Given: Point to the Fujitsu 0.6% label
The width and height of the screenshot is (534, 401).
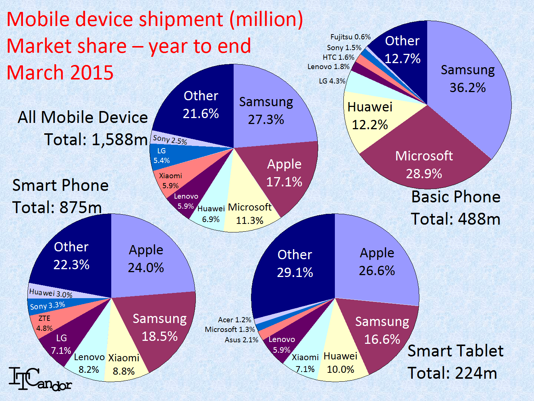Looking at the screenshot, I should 350,37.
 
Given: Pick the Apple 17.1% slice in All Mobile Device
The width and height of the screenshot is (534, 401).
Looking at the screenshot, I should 284,173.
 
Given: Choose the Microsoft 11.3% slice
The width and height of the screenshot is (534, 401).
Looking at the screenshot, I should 250,214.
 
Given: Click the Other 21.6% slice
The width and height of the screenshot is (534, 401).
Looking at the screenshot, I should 201,105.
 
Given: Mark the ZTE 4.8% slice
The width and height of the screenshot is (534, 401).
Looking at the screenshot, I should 44,323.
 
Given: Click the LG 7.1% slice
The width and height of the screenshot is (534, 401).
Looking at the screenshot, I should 61,344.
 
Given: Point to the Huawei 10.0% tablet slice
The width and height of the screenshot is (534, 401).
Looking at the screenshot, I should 340,363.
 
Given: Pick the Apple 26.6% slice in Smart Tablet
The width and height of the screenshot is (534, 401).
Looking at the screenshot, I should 377,262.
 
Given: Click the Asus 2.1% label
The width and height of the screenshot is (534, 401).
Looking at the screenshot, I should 241,340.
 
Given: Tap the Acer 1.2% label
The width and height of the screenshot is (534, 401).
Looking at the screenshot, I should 234,320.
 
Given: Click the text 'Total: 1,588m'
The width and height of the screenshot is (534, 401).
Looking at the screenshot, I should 96,140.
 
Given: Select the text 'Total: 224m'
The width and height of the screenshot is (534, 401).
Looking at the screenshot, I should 452,373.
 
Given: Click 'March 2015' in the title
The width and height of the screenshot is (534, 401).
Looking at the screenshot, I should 60,72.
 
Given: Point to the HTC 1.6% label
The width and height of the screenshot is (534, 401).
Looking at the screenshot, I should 338,57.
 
